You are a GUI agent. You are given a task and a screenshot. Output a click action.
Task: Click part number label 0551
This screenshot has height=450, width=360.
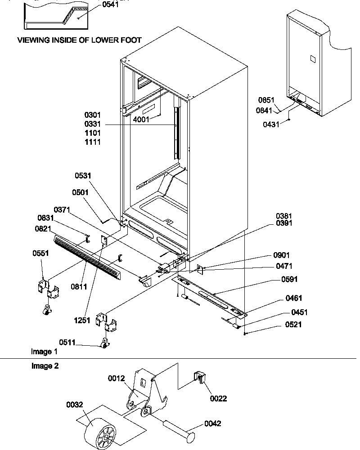pyautogui.click(x=40, y=253)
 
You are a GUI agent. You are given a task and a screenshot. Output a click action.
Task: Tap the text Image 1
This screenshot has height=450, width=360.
pyautogui.click(x=44, y=351)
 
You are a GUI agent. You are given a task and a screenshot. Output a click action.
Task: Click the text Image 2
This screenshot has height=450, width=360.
pyautogui.click(x=44, y=366)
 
